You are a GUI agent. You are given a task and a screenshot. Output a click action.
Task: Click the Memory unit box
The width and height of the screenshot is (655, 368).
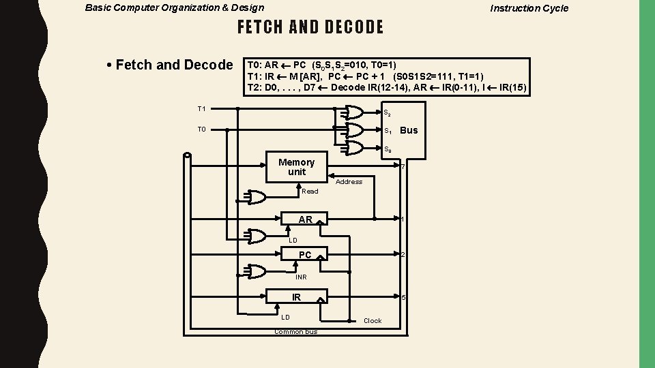pyautogui.click(x=296, y=167)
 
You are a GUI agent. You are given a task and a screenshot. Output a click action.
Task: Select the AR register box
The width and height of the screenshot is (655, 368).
pyautogui.click(x=305, y=219)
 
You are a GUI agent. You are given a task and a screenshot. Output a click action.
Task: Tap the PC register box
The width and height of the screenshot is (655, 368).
pyautogui.click(x=305, y=255)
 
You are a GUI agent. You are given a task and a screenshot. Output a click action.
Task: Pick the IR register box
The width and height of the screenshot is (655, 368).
pyautogui.click(x=297, y=297)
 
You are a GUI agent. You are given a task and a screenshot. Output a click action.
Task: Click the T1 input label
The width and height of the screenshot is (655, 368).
pyautogui.click(x=202, y=109)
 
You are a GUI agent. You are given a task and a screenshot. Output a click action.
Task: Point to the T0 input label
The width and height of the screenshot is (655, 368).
pyautogui.click(x=202, y=129)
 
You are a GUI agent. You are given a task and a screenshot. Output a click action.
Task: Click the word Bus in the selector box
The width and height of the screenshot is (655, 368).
pyautogui.click(x=409, y=130)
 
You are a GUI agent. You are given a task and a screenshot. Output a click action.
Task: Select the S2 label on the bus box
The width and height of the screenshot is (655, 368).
pyautogui.click(x=387, y=113)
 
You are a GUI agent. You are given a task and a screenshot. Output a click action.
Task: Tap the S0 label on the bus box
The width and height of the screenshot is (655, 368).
pyautogui.click(x=387, y=149)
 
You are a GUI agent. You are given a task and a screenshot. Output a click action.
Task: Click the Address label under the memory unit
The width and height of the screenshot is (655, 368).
pyautogui.click(x=349, y=182)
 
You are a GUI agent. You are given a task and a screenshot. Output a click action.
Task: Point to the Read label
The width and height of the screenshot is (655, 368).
pyautogui.click(x=310, y=191)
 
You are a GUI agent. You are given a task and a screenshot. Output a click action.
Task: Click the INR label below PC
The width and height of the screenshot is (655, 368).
pyautogui.click(x=301, y=277)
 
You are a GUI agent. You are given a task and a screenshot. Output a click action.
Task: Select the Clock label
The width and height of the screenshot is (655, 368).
pyautogui.click(x=373, y=321)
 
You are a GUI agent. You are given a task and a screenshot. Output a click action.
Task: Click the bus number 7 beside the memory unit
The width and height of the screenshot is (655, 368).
pyautogui.click(x=403, y=168)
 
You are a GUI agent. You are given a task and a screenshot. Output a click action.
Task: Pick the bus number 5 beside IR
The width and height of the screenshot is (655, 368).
pyautogui.click(x=404, y=298)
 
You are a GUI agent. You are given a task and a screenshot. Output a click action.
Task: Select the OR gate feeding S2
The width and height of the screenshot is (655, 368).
pyautogui.click(x=353, y=112)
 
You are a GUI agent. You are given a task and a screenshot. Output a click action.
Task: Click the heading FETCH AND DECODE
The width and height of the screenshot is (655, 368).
pyautogui.click(x=310, y=27)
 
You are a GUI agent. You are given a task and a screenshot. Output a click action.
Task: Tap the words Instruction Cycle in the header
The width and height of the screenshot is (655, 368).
pyautogui.click(x=529, y=8)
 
